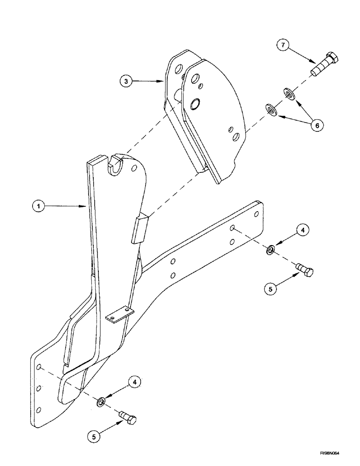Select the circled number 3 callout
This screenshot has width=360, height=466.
tap(124, 81)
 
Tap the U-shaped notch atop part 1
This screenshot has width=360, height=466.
tap(114, 164)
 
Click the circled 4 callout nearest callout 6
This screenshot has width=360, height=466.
tap(302, 230)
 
